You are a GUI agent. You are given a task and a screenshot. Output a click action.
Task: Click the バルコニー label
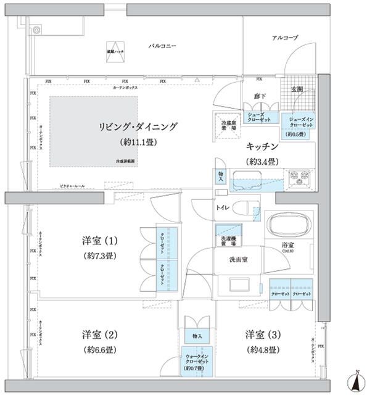[x=163, y=46]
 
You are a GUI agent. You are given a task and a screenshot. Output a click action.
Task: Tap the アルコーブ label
[x=285, y=38]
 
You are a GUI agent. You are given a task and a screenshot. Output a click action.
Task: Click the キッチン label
[x=263, y=147]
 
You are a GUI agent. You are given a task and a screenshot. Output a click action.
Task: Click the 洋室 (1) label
[x=100, y=240]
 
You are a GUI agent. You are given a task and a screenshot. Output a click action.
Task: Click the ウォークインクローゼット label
[x=197, y=360]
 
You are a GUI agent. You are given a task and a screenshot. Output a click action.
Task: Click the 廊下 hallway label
[x=242, y=96]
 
